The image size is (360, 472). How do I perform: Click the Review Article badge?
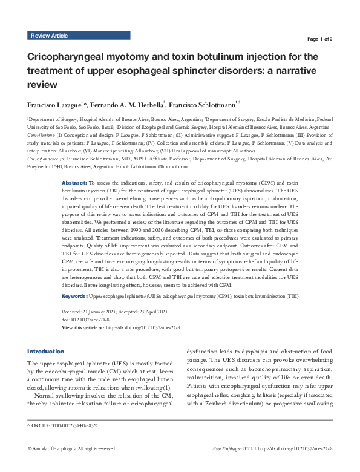(x=49, y=36)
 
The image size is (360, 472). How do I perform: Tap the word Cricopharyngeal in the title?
(x=71, y=57)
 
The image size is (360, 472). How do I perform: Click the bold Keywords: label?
(x=76, y=296)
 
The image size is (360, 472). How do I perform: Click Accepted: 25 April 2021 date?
(x=149, y=311)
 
